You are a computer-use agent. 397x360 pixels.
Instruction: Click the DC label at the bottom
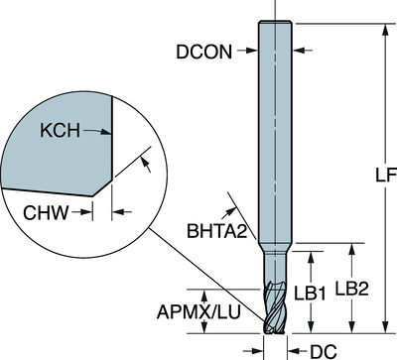321,348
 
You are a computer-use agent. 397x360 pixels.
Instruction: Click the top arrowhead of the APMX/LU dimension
206,292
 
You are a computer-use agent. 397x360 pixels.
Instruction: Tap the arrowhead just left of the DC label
294,348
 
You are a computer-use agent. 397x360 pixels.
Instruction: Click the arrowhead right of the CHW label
116,210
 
